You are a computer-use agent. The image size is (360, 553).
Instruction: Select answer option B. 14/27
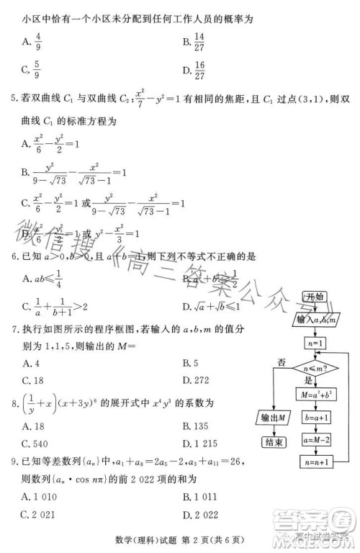click(194, 43)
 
